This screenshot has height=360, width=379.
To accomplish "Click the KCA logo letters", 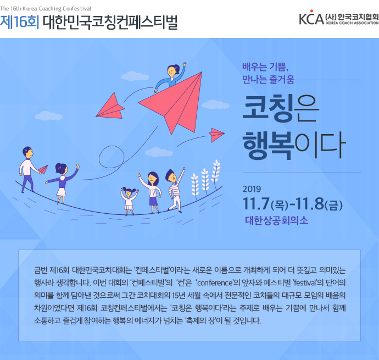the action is tap(311, 18).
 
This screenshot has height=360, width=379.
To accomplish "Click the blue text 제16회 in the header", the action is tap(19, 22).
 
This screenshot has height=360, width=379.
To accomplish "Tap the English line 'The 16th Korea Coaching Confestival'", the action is tap(46, 9).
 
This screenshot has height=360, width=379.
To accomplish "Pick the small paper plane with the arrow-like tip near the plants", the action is tap(216, 135).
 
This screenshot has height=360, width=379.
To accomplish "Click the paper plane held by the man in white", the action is tap(43, 169).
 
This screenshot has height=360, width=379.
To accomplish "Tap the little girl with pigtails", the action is tap(129, 200).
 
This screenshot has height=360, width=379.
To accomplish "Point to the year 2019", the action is tap(252, 189).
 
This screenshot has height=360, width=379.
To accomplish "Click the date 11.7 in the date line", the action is tap(256, 204).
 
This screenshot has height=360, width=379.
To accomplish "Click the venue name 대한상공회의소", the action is tap(276, 220).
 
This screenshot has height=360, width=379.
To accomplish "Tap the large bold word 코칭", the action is tap(268, 108).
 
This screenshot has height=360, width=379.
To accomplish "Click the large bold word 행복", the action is tap(268, 145).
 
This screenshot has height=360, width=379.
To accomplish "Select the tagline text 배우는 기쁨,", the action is tap(265, 67).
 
